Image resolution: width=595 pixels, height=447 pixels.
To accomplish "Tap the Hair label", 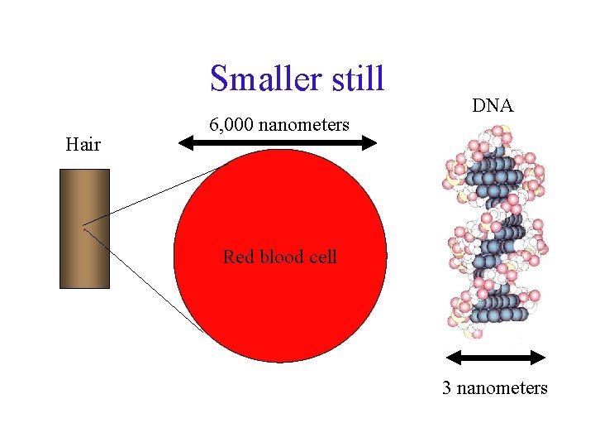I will tap(83, 146).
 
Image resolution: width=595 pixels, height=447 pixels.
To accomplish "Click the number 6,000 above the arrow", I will tap(231, 125).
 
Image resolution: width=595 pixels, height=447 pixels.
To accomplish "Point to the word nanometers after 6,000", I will tap(303, 125).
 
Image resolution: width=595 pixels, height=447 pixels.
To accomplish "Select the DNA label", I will tap(493, 106).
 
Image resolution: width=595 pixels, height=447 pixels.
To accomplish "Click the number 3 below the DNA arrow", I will tap(446, 387).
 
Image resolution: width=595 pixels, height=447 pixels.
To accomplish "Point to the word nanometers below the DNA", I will tap(501, 387).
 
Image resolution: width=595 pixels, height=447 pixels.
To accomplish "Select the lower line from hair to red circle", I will tap(145, 280).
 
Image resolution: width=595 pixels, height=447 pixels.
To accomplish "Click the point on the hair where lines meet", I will tap(83, 225).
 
